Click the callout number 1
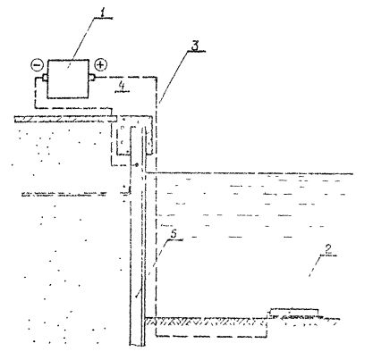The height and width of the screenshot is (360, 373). (103, 13)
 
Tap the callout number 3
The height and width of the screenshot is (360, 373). (195, 46)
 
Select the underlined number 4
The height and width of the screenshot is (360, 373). (122, 86)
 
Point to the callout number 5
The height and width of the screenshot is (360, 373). (174, 234)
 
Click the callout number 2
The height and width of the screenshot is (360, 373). (328, 249)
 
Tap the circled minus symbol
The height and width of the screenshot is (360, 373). (38, 65)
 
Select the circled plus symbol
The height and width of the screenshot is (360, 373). (101, 64)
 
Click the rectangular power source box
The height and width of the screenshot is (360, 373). (68, 79)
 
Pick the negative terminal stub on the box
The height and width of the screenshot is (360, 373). (45, 78)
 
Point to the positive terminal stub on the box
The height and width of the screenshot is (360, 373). (92, 78)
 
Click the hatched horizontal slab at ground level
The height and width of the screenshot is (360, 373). (65, 119)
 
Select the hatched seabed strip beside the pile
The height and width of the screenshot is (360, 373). (205, 322)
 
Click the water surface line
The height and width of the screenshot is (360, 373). (250, 173)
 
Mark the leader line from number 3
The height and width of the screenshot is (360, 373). (175, 77)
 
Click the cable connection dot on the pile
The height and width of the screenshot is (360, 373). (137, 164)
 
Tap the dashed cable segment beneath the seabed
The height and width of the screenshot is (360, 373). (211, 337)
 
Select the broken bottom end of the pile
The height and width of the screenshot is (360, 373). (138, 345)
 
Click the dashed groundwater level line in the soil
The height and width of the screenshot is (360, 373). (64, 195)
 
